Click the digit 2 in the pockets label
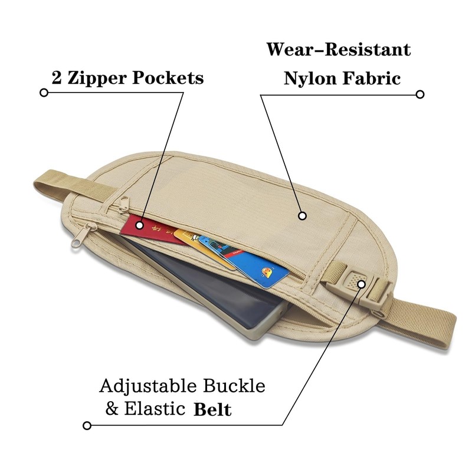[x=57, y=78]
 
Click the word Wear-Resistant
[x=338, y=49]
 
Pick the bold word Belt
[x=213, y=409]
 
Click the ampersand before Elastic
[x=112, y=409]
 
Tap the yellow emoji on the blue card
[x=267, y=272]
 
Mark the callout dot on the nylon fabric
[x=302, y=216]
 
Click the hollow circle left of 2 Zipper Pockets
[x=44, y=93]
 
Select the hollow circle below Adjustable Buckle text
[x=87, y=425]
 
